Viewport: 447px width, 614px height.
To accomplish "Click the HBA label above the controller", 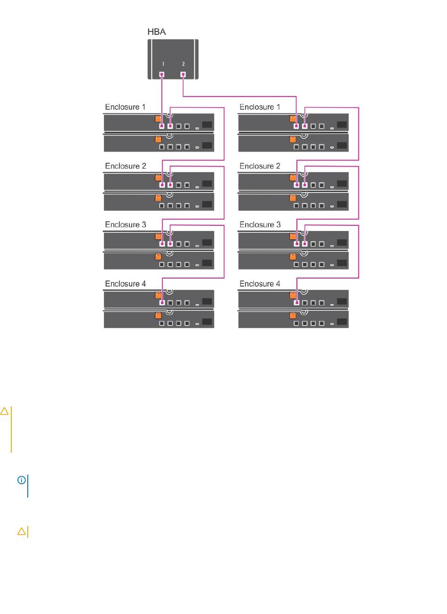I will (157, 32).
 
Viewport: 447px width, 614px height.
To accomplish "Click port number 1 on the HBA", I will (163, 64).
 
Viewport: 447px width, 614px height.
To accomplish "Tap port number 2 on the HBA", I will (184, 64).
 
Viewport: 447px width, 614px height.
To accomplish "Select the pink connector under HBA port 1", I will (162, 74).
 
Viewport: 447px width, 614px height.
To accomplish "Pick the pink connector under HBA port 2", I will (183, 74).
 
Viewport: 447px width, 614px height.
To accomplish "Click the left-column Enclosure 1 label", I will (125, 107).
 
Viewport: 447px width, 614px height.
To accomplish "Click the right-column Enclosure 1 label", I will (260, 107).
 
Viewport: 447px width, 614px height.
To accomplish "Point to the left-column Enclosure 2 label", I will (125, 166).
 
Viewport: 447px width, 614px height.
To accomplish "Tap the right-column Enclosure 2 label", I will (260, 166).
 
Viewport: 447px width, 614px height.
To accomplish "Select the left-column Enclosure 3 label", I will (125, 225).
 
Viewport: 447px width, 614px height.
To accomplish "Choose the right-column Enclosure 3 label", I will (260, 225).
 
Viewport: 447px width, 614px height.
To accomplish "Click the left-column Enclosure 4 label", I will (125, 284).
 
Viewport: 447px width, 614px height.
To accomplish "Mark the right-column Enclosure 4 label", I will (260, 284).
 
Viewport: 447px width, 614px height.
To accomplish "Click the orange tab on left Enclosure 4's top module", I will (158, 295).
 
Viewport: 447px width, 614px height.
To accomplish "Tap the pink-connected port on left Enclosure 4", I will (162, 303).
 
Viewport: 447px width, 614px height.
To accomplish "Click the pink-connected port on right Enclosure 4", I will (296, 303).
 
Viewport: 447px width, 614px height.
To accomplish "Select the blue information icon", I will (21, 480).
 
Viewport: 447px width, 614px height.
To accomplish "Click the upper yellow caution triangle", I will (4, 412).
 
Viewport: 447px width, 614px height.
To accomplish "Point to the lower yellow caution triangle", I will (21, 532).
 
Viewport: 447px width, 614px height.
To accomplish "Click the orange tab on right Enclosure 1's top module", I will (293, 119).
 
